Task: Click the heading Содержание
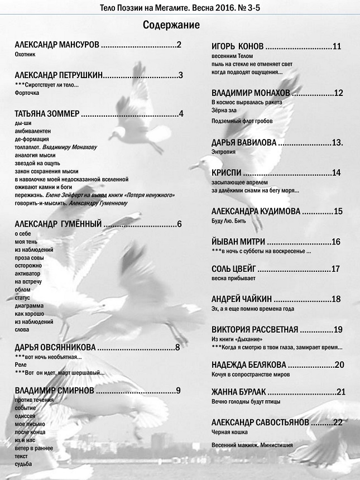tap(171, 25)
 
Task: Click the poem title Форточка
tap(27, 93)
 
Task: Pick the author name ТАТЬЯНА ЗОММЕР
tap(47, 114)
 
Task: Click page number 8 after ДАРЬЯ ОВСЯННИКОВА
tap(177, 348)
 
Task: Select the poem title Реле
tap(21, 364)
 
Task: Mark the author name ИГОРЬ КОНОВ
tap(238, 47)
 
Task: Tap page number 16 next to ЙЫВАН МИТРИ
tap(335, 242)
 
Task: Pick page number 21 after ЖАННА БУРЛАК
tap(342, 391)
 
